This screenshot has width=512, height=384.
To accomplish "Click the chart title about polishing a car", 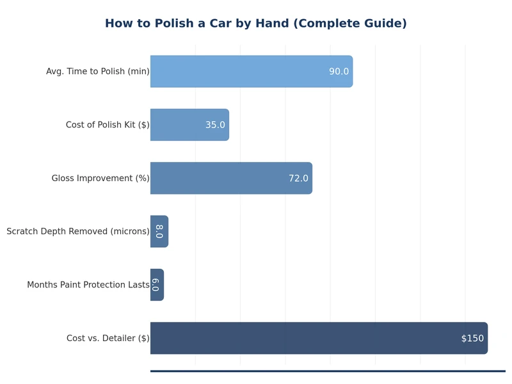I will pos(255,24).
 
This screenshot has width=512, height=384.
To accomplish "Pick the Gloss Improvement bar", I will pos(218,178).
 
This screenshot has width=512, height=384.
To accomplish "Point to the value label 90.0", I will pos(339,72).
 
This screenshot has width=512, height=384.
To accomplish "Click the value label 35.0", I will pos(215,125).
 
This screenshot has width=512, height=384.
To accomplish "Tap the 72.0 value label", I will pos(298,179).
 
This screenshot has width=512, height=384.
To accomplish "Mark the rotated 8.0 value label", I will pos(159,232).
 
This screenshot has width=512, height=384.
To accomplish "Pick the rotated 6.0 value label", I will pos(156,285).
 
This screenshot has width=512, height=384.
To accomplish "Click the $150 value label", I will pos(472,339).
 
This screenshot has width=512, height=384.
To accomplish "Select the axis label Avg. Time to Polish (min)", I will pos(97,72).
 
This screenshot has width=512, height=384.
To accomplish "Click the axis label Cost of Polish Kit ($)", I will pos(108,125).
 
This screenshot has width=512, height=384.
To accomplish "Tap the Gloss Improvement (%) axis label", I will pos(100,178).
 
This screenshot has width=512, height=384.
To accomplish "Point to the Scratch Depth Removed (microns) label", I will pos(78,232).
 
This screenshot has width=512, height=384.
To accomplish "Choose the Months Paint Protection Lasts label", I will pos(88,285).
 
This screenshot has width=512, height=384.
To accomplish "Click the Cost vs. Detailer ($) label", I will pos(108,338).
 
